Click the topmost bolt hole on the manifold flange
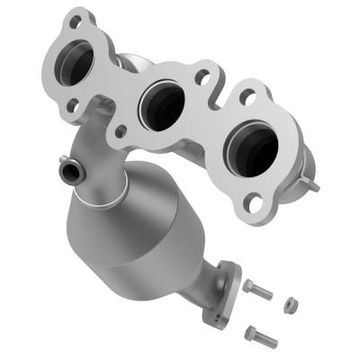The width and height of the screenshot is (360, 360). [x=76, y=17]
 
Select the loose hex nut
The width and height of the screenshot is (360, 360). [x=291, y=305]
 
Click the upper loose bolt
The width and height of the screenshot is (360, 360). [x=257, y=291]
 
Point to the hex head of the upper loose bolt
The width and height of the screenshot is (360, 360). [x=248, y=286]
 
